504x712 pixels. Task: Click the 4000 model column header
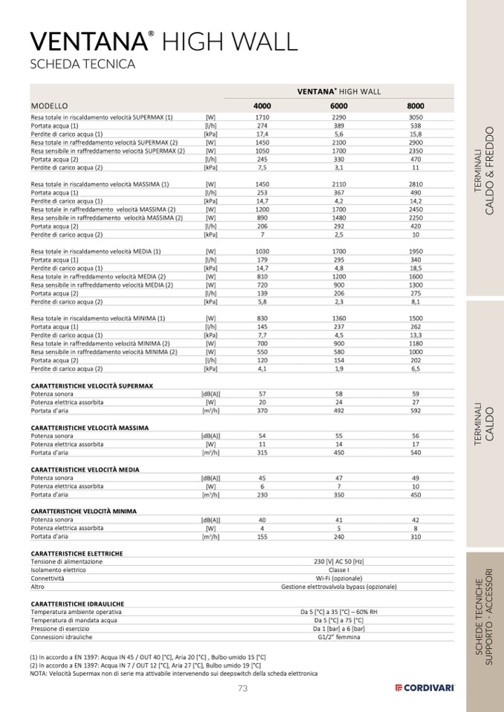tap(262, 106)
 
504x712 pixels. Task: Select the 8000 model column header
tap(416, 106)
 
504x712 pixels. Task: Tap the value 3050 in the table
tap(416, 117)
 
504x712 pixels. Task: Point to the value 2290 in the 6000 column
tap(339, 117)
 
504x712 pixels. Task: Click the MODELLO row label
tap(49, 106)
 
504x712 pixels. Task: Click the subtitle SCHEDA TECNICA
tap(82, 64)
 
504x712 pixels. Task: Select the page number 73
tap(242, 688)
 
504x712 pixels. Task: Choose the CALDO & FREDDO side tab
tap(484, 171)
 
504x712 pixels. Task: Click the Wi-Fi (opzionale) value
tap(339, 578)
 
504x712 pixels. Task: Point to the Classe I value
tap(339, 569)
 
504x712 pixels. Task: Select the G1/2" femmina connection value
tap(339, 637)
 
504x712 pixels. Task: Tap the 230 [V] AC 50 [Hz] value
tap(339, 561)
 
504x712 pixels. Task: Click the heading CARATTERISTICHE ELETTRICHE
tap(77, 553)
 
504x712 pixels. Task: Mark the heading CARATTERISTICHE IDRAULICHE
tap(77, 604)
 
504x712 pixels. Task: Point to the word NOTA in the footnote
tap(39, 673)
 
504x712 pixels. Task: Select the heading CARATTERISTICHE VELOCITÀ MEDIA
tap(85, 469)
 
